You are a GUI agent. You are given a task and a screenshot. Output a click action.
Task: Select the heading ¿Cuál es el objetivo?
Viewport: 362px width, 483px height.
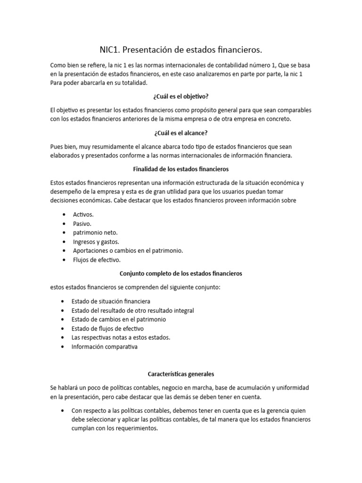point(181,96)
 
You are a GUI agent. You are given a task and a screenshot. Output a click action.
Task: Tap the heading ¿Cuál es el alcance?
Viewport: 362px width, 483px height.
point(181,133)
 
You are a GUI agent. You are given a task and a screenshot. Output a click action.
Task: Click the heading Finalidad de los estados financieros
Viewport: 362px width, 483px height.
point(181,169)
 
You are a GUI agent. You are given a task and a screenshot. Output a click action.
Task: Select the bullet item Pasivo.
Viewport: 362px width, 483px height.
point(82,224)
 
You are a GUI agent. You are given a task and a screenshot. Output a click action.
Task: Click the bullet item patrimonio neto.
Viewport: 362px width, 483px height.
point(95,233)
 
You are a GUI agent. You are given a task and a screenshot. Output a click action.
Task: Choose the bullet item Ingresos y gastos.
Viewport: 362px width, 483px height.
point(96,241)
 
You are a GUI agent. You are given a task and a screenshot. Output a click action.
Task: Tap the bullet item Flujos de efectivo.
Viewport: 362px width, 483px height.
point(97,259)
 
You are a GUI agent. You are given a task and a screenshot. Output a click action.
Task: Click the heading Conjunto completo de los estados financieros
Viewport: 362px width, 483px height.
point(181,273)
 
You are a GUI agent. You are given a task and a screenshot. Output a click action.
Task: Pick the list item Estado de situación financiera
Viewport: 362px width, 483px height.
point(111,301)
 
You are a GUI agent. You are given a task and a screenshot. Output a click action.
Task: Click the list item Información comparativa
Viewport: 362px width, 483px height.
point(104,347)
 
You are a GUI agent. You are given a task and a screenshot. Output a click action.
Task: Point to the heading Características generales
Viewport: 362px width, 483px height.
point(181,374)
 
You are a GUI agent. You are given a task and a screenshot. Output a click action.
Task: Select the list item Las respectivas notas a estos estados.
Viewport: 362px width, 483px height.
point(121,338)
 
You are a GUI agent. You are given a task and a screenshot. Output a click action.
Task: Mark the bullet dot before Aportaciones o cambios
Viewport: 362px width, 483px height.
point(64,250)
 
